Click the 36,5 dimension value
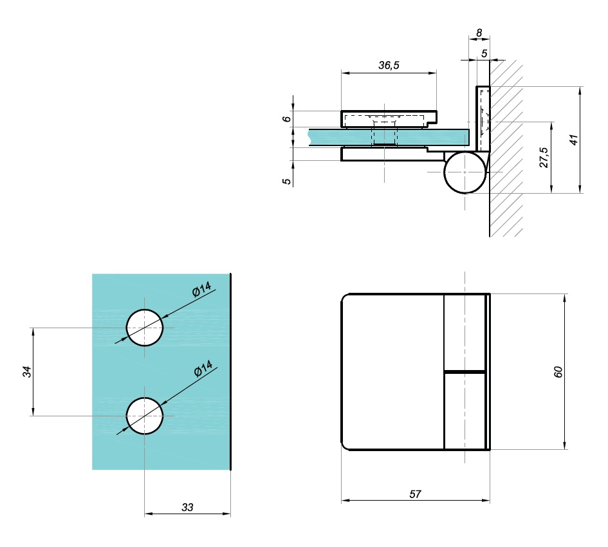tap(389, 65)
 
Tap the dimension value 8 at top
tap(479, 33)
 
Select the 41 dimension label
tap(574, 140)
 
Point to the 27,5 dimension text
tap(544, 157)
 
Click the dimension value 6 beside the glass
tap(286, 118)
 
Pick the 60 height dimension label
tap(558, 372)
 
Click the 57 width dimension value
tap(415, 494)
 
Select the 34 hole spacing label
tap(27, 372)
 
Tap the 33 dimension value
tap(187, 507)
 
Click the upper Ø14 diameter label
tap(201, 290)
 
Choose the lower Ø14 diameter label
tap(203, 369)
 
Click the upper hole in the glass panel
tap(145, 328)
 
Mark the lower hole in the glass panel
tap(145, 416)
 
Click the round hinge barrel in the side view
tap(465, 172)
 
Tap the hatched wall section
tap(506, 147)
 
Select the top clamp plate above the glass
tap(389, 118)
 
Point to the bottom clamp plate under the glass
tap(392, 154)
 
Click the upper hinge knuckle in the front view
tap(465, 332)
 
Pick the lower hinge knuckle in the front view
tap(465, 411)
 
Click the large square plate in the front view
tap(392, 372)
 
